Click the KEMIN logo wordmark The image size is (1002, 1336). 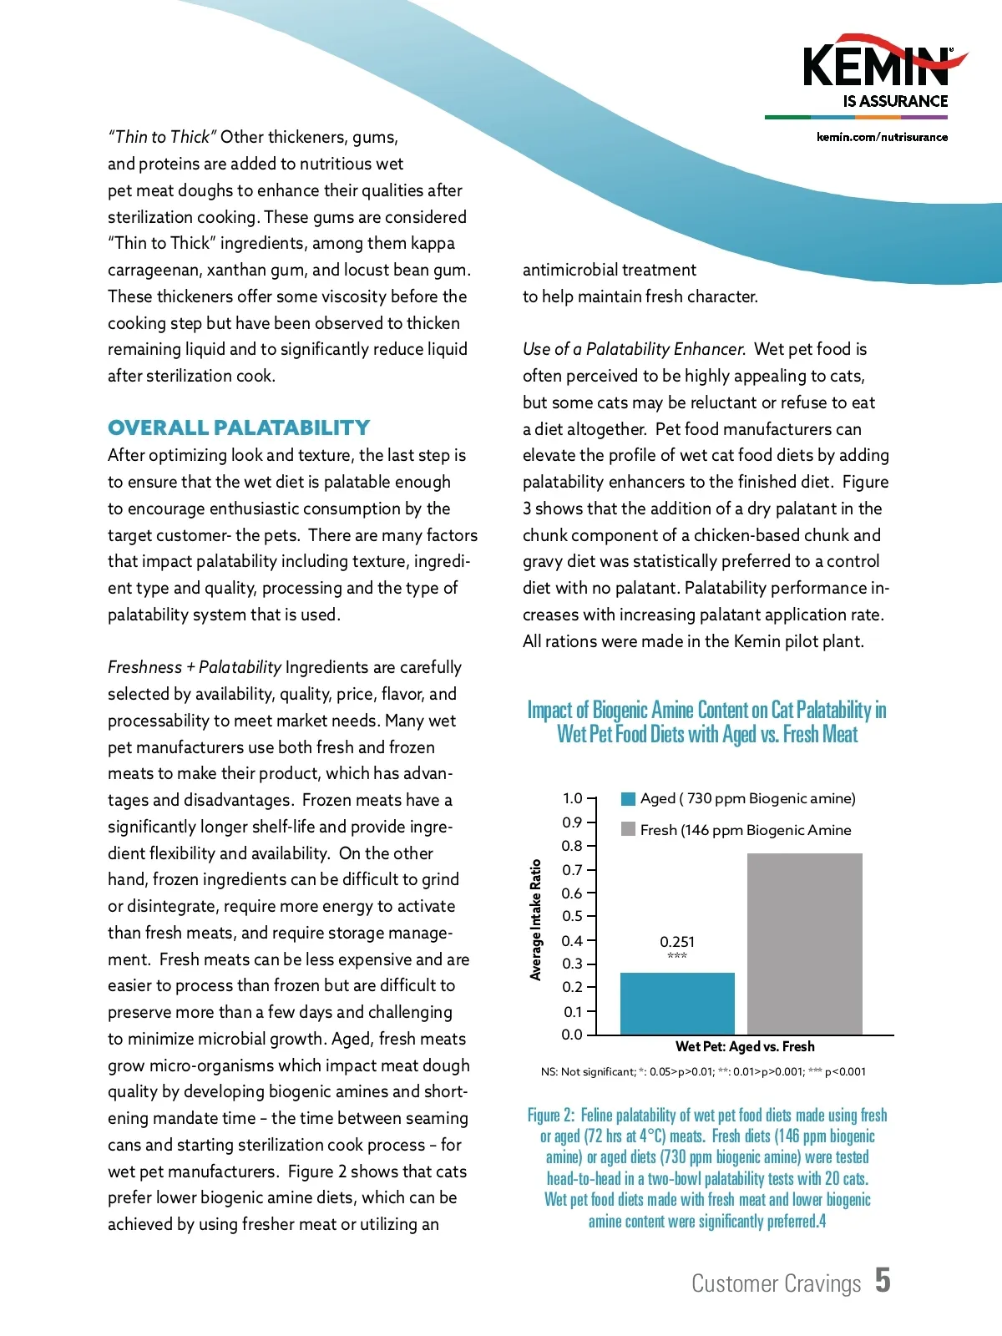pyautogui.click(x=876, y=67)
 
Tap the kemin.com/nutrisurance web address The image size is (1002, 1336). pyautogui.click(x=882, y=137)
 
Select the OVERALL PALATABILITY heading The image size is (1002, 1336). pyautogui.click(x=239, y=428)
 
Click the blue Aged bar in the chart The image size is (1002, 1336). pyautogui.click(x=677, y=1003)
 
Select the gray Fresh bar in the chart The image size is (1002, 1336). pyautogui.click(x=804, y=944)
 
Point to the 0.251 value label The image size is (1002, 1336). pyautogui.click(x=677, y=942)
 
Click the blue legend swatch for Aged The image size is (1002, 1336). pyautogui.click(x=629, y=799)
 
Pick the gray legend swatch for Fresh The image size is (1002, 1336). pyautogui.click(x=629, y=829)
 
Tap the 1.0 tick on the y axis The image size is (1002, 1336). pyautogui.click(x=572, y=798)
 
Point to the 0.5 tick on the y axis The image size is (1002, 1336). pyautogui.click(x=572, y=916)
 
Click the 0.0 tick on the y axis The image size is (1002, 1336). pyautogui.click(x=572, y=1035)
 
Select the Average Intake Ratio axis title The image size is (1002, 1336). pyautogui.click(x=536, y=919)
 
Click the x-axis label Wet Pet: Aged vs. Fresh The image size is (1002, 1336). pyautogui.click(x=745, y=1046)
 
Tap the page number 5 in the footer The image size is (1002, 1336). pyautogui.click(x=883, y=1280)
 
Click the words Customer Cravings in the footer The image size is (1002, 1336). pyautogui.click(x=776, y=1283)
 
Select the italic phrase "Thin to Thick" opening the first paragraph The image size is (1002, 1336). pyautogui.click(x=163, y=137)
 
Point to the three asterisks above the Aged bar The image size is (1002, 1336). pyautogui.click(x=677, y=956)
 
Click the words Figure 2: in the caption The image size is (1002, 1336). pyautogui.click(x=551, y=1116)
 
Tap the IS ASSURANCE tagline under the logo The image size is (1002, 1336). pyautogui.click(x=895, y=101)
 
